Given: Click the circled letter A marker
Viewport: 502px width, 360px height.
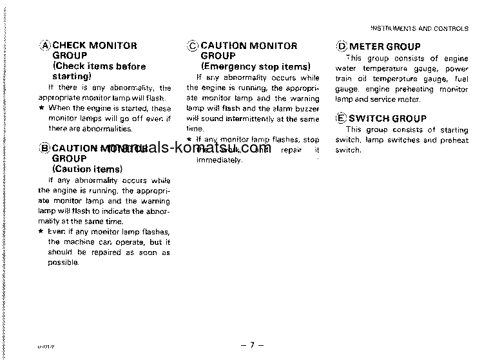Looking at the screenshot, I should coord(45,46).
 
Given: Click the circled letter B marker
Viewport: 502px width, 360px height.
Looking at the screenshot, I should coord(45,148).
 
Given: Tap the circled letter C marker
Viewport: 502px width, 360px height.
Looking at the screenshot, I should coord(193,46).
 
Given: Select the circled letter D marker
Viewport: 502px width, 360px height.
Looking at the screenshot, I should coord(342,46).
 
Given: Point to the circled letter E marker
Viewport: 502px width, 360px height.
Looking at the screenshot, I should coord(342,118).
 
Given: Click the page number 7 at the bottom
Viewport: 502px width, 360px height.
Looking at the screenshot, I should coord(252,346).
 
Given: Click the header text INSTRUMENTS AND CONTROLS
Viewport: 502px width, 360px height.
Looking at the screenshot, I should coord(420,29).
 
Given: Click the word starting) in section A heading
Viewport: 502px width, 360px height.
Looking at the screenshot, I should coord(72,76).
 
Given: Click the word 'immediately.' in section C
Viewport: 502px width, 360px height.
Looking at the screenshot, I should coord(219,160).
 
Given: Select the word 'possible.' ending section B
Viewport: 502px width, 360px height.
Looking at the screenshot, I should coord(63,263).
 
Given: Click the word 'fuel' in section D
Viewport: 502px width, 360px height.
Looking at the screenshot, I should coord(461,79).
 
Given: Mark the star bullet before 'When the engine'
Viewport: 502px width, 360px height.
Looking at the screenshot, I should coord(41,108).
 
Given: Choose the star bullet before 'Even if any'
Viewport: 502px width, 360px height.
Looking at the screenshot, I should coord(41,232).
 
